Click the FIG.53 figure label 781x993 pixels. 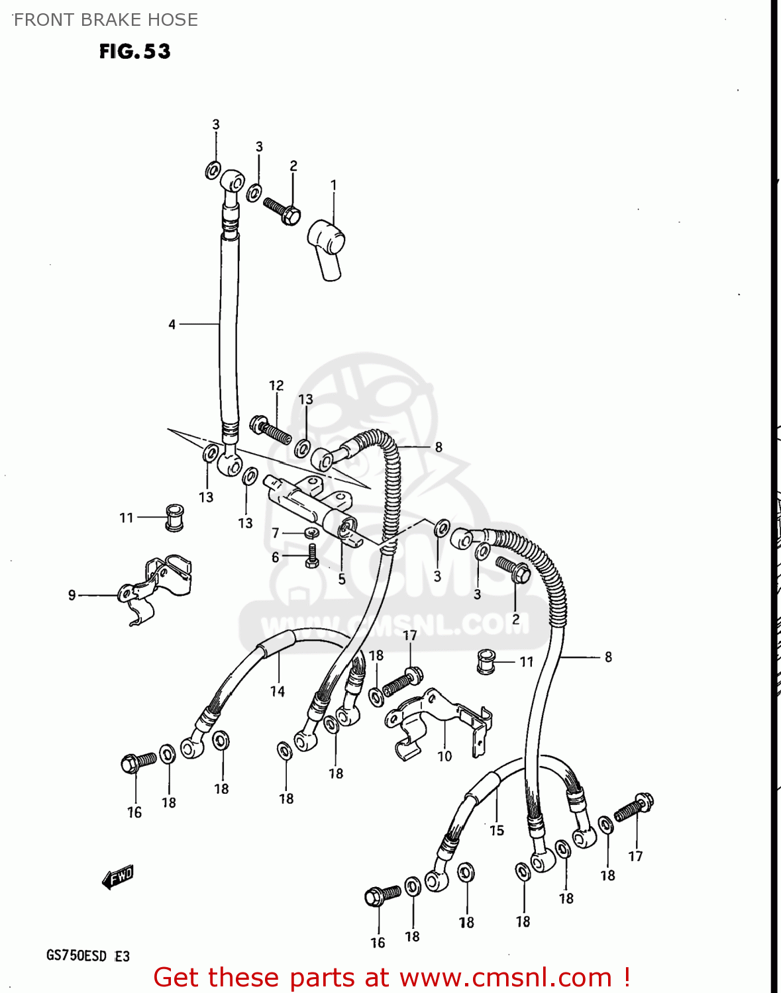point(134,52)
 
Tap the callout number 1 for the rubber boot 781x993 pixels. point(333,185)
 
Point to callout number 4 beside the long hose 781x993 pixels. point(172,324)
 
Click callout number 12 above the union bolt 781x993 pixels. point(276,385)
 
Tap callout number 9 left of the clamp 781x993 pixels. point(72,595)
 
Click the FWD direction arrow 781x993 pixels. point(118,877)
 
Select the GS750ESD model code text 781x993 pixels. point(76,956)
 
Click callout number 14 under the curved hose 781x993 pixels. point(277,691)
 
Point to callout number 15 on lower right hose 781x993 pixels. point(497,830)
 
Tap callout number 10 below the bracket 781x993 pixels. point(444,755)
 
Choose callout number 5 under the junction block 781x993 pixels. point(342,579)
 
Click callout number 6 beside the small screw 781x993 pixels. point(276,557)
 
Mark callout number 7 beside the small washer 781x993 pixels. point(276,533)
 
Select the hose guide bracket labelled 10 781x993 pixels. point(437,722)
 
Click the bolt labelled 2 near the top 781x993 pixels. point(282,209)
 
